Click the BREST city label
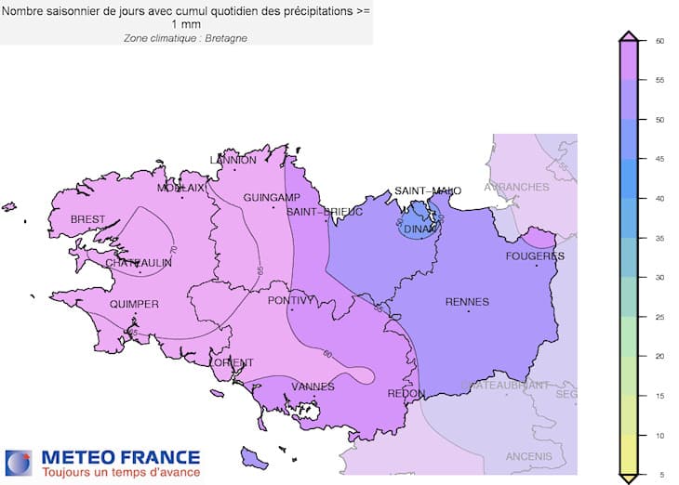(88, 219)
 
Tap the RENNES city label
(467, 301)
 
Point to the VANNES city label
(313, 387)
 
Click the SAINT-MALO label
(428, 190)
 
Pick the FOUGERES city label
(535, 256)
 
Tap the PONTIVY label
(291, 300)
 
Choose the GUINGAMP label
(271, 198)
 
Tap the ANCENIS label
(529, 456)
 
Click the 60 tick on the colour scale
(658, 41)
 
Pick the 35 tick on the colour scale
(658, 238)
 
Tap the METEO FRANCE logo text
(119, 457)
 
